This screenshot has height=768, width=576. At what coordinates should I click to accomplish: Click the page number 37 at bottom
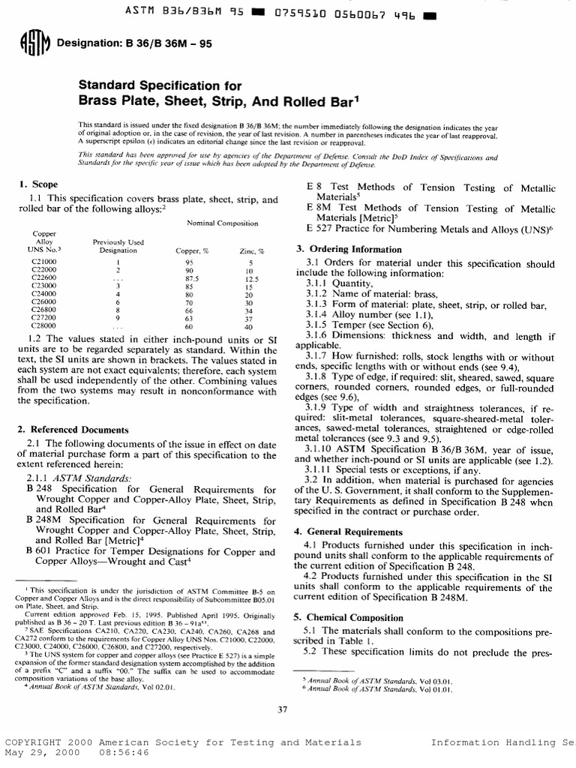283,711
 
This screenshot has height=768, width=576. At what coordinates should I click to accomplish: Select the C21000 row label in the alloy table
42,263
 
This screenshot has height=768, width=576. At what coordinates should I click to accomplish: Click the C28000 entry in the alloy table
42,327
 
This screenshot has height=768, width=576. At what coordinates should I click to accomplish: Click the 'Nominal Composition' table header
222,223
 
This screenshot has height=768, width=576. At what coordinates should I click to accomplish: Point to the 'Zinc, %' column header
252,251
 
